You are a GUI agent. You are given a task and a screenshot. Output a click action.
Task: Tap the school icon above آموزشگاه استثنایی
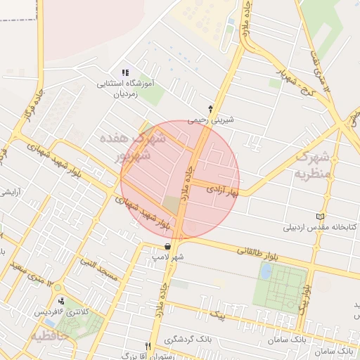[126, 72]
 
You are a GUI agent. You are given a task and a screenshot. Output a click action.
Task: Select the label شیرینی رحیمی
[210, 120]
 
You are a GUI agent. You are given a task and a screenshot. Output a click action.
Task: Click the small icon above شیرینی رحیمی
[210, 108]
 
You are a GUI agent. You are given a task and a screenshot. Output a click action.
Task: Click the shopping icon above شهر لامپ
[167, 246]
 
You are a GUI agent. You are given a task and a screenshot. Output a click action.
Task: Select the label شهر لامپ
[169, 258]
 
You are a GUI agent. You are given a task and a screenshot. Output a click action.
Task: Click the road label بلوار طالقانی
[257, 252]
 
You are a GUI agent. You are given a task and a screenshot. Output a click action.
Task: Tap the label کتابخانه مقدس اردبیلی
[321, 227]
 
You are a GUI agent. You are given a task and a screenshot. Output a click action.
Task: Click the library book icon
[322, 216]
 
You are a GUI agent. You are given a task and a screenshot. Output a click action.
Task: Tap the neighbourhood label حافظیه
[50, 336]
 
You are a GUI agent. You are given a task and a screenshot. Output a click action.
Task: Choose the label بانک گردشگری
[188, 340]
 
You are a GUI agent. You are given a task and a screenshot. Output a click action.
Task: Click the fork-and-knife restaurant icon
[148, 346]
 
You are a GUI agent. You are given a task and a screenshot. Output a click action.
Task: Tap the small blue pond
[265, 271]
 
